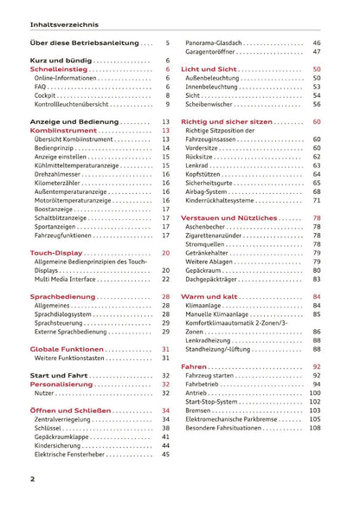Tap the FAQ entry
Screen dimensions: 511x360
click(x=42, y=87)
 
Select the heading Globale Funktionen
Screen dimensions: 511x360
click(x=67, y=349)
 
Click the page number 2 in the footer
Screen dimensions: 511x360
click(x=32, y=479)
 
